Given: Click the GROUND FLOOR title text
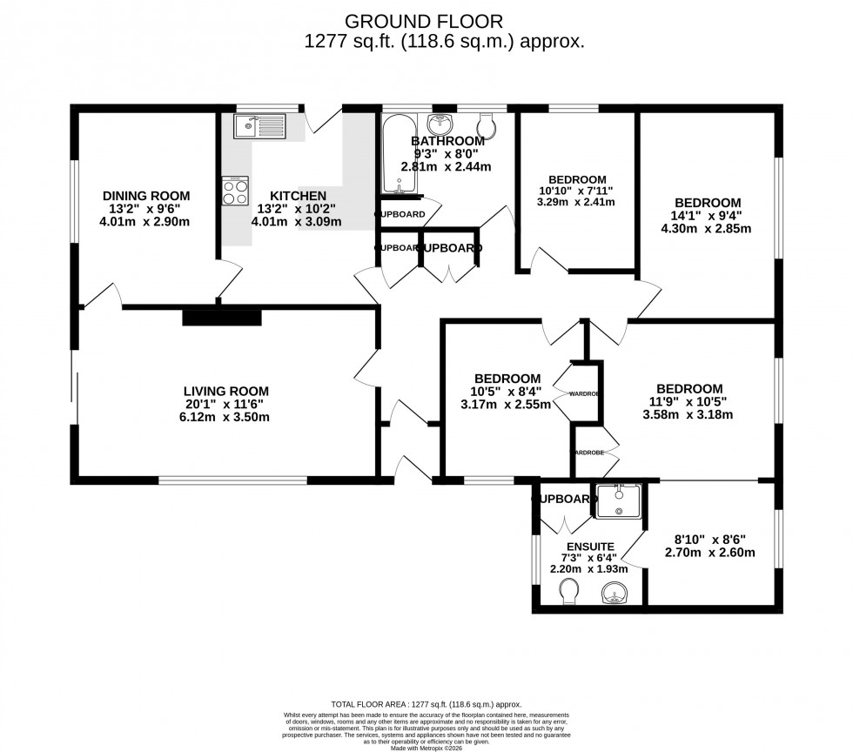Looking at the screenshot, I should click(x=424, y=21).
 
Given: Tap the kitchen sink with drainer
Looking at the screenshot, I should click(x=260, y=127).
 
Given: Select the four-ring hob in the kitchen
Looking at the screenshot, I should click(x=235, y=191).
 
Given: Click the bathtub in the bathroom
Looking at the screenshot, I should click(x=397, y=153).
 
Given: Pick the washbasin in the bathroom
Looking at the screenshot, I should click(x=441, y=124).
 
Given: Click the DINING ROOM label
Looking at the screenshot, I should click(x=146, y=196).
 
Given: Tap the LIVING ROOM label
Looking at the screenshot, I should click(x=225, y=391).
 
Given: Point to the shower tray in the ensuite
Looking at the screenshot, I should click(x=618, y=500).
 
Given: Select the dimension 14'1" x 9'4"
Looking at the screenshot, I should click(x=706, y=216).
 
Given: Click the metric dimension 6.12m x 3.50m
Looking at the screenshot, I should click(x=225, y=417).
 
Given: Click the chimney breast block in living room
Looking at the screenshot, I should click(x=222, y=317).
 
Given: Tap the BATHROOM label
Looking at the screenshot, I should click(x=447, y=141).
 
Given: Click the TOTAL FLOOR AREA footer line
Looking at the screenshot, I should click(x=426, y=704).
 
